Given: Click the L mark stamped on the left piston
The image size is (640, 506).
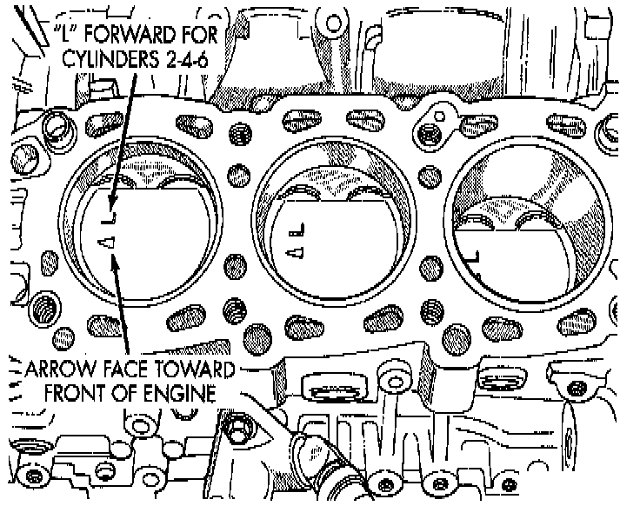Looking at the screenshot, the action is pyautogui.click(x=110, y=212).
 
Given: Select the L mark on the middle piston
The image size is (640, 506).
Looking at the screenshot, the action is pyautogui.click(x=297, y=230).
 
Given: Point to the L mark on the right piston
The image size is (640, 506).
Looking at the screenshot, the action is pyautogui.click(x=475, y=256).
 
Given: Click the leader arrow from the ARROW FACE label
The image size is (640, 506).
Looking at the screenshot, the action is pyautogui.click(x=122, y=304).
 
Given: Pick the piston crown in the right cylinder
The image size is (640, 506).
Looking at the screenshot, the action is pyautogui.click(x=522, y=261).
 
